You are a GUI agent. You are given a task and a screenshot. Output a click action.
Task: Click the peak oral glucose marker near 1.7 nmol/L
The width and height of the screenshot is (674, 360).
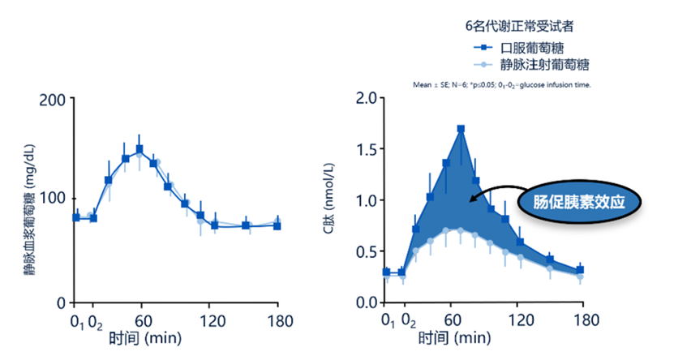(x=461, y=129)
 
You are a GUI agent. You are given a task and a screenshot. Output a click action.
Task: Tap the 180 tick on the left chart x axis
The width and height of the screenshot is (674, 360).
(x=277, y=319)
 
